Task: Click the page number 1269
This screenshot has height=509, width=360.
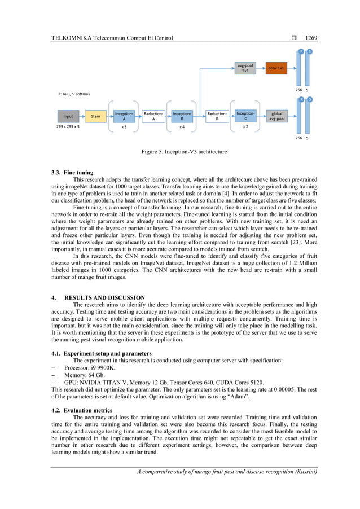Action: [x=311, y=38]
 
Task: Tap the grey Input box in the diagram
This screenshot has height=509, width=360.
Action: [x=68, y=116]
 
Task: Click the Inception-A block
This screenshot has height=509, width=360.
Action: [x=124, y=116]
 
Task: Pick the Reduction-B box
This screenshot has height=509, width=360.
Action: [x=217, y=116]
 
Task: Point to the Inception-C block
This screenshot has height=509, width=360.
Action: [x=245, y=116]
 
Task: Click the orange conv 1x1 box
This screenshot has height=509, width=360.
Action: [x=276, y=68]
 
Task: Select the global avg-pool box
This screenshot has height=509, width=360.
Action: [x=277, y=116]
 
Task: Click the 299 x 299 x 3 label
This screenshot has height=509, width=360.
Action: [x=68, y=128]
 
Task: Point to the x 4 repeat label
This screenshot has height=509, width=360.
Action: [x=182, y=128]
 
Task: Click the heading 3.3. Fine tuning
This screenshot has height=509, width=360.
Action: [x=72, y=172]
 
